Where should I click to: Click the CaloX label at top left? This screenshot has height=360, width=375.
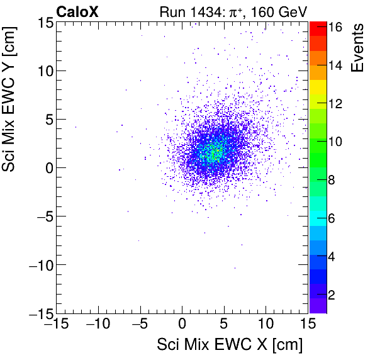[77, 11]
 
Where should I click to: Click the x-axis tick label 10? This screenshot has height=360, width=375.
[266, 325]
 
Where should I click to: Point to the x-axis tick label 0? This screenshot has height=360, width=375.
[182, 325]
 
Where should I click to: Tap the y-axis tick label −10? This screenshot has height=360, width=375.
[39, 265]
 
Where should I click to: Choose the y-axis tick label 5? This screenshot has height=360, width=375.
[47, 119]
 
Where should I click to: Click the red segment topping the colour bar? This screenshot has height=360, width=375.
[318, 27]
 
